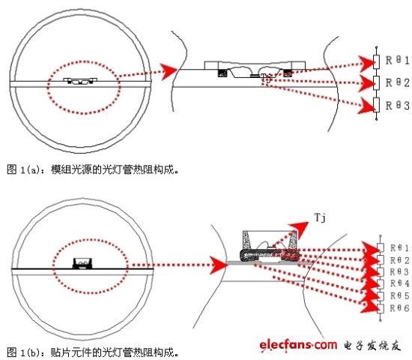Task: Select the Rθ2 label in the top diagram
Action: [x=394, y=82]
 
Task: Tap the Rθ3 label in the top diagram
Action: [x=394, y=106]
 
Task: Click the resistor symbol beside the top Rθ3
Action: [x=375, y=106]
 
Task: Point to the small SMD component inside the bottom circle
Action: [x=82, y=262]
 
